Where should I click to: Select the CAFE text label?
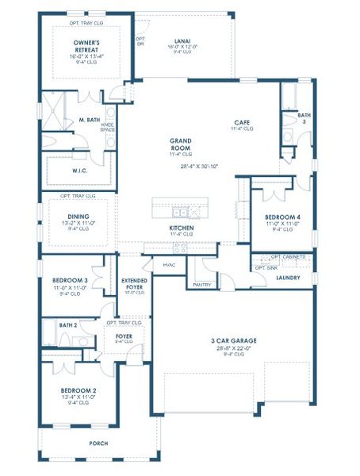click(242, 122)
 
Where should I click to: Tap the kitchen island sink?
click(181, 213)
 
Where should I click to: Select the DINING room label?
click(79, 217)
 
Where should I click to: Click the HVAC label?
click(168, 264)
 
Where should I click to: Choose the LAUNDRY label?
click(287, 278)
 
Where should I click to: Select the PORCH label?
click(98, 443)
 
